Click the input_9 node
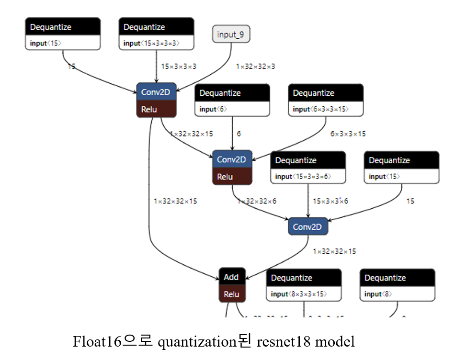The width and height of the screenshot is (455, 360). pyautogui.click(x=231, y=34)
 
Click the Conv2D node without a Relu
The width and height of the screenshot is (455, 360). pyautogui.click(x=308, y=227)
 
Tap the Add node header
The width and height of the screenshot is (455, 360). pyautogui.click(x=232, y=277)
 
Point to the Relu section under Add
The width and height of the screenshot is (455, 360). pyautogui.click(x=232, y=294)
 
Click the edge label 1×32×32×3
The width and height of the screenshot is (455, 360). pyautogui.click(x=255, y=67)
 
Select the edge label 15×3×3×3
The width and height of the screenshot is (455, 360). pyautogui.click(x=179, y=67)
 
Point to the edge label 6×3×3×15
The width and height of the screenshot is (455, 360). pyautogui.click(x=348, y=134)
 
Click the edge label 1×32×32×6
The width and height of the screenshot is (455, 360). pyautogui.click(x=257, y=201)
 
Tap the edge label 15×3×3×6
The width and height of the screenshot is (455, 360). pyautogui.click(x=330, y=201)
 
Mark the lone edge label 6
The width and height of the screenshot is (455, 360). pyautogui.click(x=239, y=134)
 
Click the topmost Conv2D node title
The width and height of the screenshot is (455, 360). pyautogui.click(x=156, y=92)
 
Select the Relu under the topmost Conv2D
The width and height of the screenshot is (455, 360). pyautogui.click(x=156, y=109)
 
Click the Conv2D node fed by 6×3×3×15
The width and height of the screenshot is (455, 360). pyautogui.click(x=232, y=159)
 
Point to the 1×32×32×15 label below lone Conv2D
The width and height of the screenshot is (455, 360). pyautogui.click(x=334, y=251)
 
